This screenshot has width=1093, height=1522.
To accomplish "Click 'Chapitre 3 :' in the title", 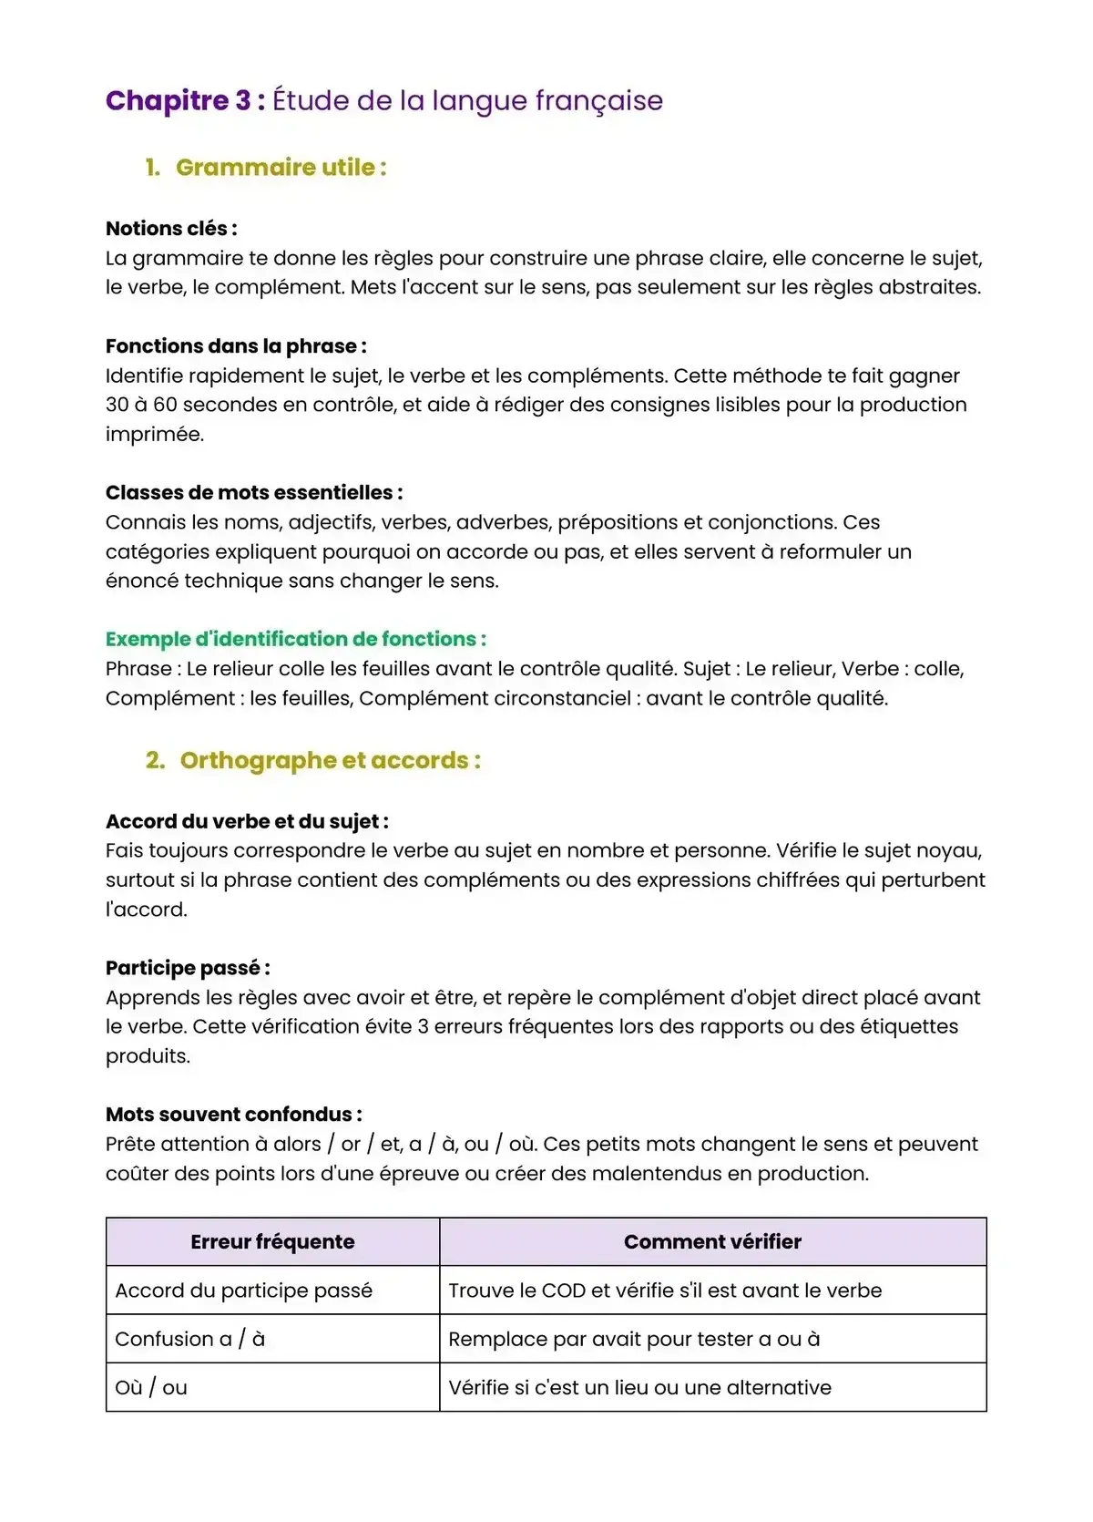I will [x=185, y=100].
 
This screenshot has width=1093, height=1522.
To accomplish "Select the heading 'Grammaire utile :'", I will [x=281, y=168].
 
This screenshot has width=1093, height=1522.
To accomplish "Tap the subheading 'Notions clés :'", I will [x=171, y=229].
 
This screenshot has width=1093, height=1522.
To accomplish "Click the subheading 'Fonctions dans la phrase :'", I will [x=236, y=346].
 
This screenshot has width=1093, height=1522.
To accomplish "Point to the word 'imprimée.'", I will [x=155, y=434].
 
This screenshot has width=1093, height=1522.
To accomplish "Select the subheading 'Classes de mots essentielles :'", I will [x=254, y=493].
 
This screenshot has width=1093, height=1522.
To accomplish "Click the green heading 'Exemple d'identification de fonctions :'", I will [x=296, y=639].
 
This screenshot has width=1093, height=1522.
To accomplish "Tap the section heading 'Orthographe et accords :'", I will [x=330, y=760].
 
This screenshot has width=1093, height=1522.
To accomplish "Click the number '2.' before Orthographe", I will [x=155, y=760].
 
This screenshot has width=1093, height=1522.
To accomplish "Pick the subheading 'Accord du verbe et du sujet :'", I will [x=247, y=821].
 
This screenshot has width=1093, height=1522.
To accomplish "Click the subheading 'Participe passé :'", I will [x=188, y=968].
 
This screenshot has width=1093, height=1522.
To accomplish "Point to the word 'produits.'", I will [x=148, y=1056].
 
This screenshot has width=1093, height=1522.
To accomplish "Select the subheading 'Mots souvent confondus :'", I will [x=234, y=1115].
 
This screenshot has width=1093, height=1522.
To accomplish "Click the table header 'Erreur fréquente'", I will [x=272, y=1242].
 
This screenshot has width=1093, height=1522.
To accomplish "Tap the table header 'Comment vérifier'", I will [x=712, y=1242].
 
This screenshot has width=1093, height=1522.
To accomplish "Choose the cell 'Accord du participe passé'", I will [x=243, y=1291].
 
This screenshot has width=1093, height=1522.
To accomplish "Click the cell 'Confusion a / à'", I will [x=189, y=1339].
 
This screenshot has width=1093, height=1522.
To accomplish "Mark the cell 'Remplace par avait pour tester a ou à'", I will [x=634, y=1339].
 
